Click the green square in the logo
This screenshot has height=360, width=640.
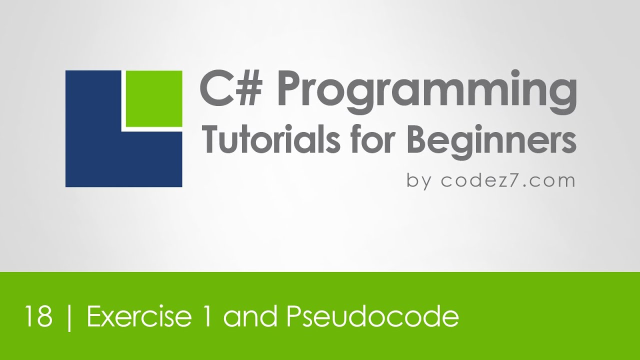[x=153, y=98]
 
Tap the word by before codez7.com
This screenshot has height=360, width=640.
[x=419, y=180]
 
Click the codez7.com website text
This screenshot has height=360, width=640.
[x=507, y=180]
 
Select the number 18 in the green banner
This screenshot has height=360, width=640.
[x=38, y=317]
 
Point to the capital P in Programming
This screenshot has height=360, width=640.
[x=284, y=89]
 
